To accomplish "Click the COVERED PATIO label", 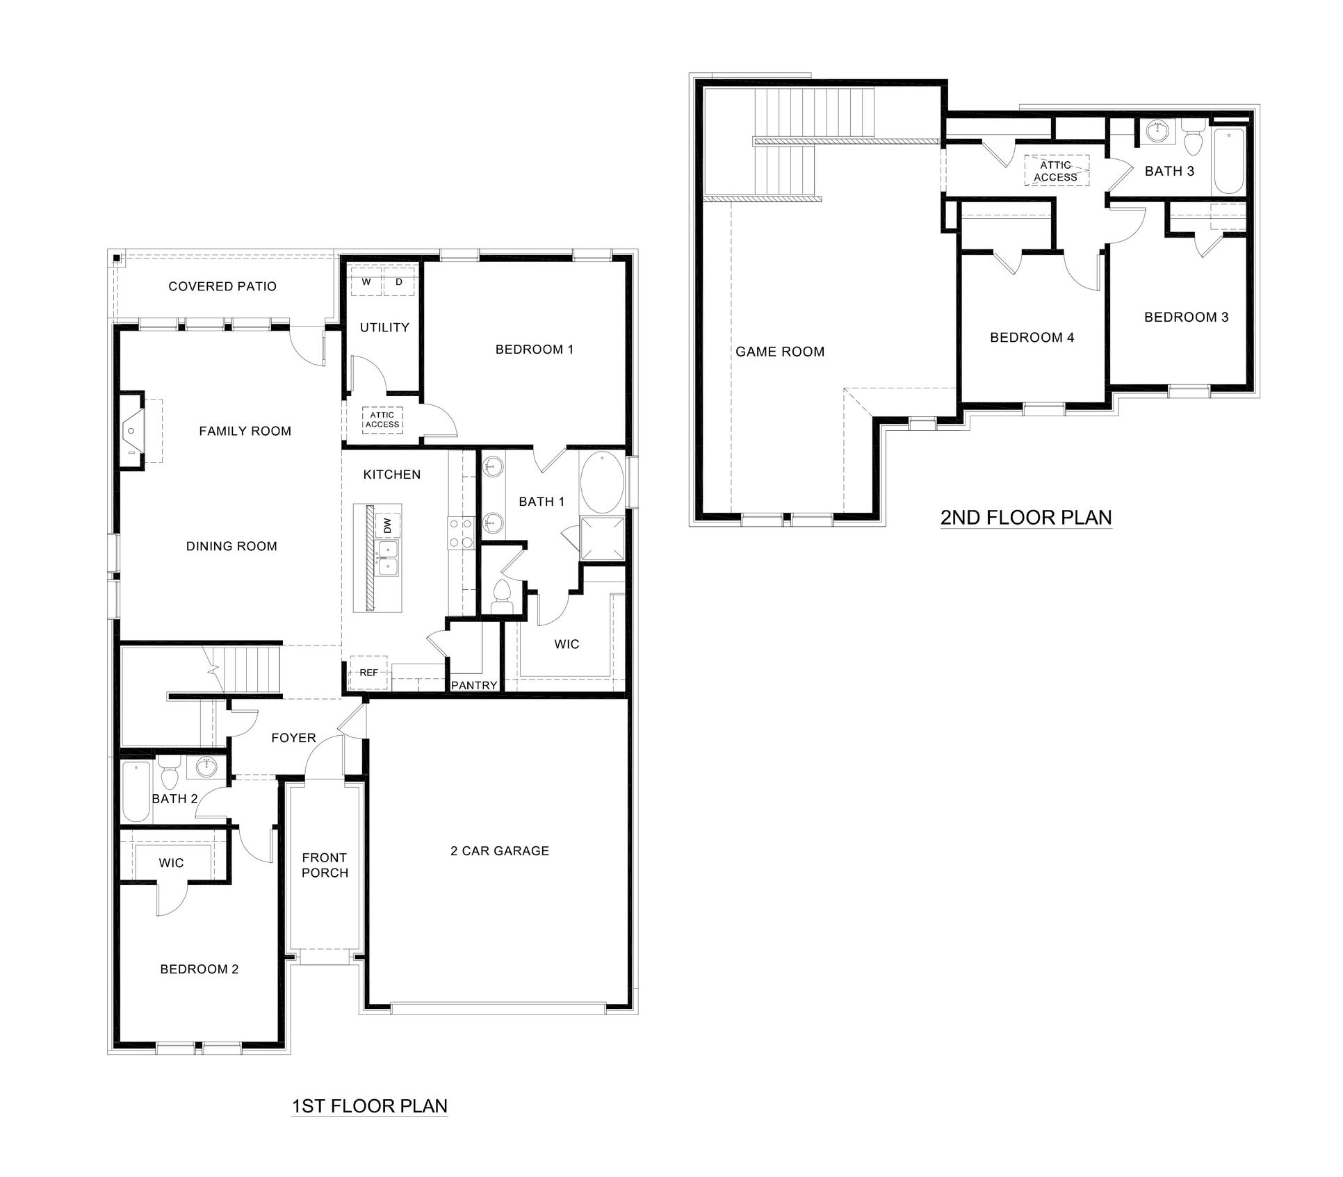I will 222,286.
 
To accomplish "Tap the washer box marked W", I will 366,282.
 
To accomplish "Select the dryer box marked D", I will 399,282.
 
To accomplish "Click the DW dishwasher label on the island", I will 387,525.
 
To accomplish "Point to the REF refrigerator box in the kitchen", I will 368,672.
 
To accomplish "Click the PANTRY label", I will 474,685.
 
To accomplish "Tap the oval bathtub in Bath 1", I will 602,482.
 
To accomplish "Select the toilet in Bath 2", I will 170,773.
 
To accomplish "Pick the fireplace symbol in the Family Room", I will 131,431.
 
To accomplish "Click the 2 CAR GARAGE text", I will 500,850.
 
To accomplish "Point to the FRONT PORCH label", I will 325,865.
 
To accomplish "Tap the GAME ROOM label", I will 780,352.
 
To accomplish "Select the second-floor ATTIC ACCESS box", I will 1055,171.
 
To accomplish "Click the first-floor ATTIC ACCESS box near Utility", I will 382,420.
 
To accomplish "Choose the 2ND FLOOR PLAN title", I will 1026,517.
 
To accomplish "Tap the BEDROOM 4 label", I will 1032,338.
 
